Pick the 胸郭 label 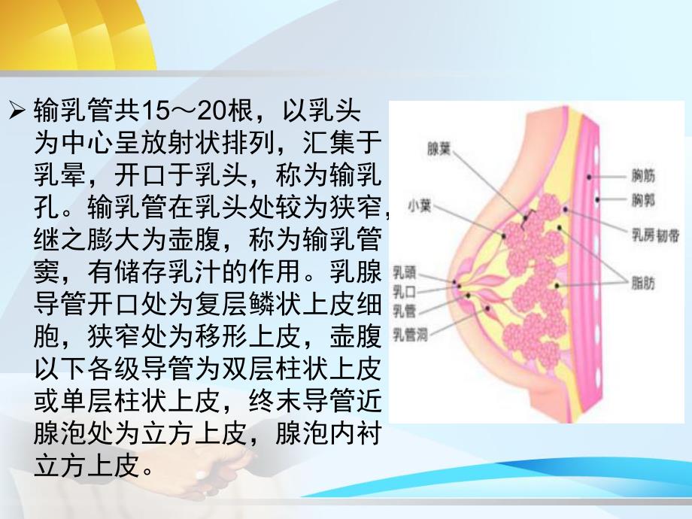tap(643, 200)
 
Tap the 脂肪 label tap(643, 284)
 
